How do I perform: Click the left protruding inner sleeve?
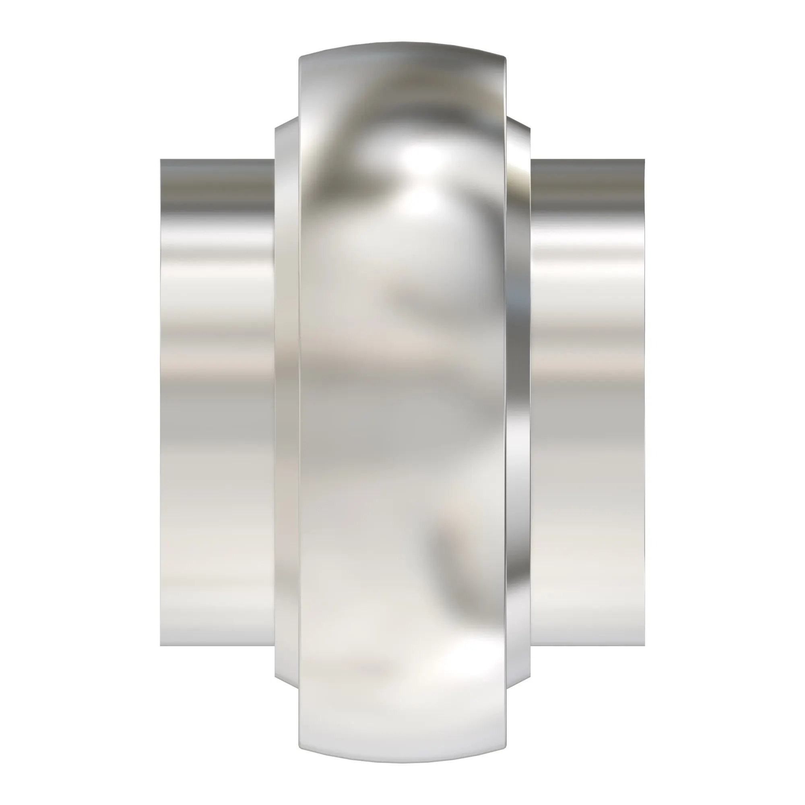217,402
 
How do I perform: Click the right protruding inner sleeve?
588,402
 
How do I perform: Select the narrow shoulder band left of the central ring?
287,402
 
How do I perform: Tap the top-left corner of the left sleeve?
162,161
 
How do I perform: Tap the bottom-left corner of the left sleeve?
162,644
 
